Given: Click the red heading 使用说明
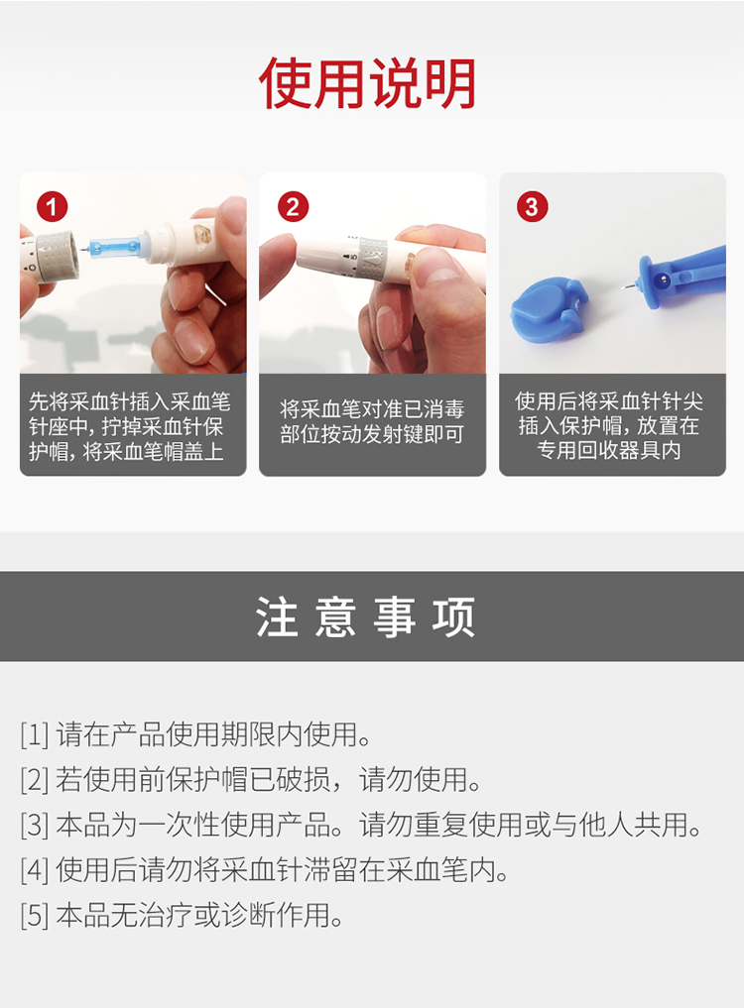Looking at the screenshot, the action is tap(367, 83).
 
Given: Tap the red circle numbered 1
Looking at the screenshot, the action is tap(53, 207).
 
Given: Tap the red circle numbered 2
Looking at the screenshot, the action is tap(293, 207).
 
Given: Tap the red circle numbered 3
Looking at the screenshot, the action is tap(533, 207).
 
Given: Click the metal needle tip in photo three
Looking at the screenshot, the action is tap(629, 285).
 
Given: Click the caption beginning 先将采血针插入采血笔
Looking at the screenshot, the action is tap(129, 425).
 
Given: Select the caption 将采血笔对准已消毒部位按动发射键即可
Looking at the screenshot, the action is tap(372, 421).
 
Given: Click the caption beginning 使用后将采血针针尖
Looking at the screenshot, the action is tap(609, 425).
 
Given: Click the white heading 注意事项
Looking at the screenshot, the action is tap(366, 616).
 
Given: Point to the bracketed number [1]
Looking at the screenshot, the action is tap(35, 734).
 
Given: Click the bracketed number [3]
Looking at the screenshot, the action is tap(35, 825).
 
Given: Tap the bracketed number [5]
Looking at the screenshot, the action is tap(35, 915).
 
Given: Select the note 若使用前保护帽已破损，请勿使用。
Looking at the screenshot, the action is tap(269, 780).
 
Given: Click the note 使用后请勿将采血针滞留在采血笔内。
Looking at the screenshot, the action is tap(283, 870).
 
